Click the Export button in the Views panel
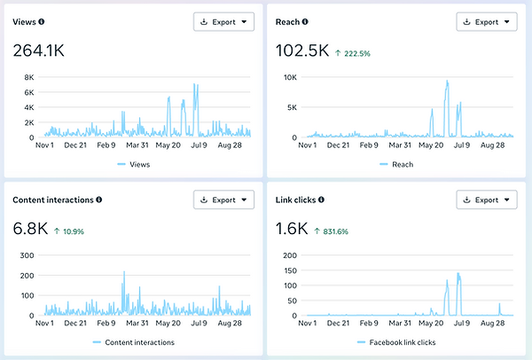pyautogui.click(x=223, y=21)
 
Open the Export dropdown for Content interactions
pyautogui.click(x=223, y=200)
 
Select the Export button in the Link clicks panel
pyautogui.click(x=487, y=200)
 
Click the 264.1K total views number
pyautogui.click(x=38, y=51)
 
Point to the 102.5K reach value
pyautogui.click(x=301, y=51)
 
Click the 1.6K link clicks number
pyautogui.click(x=292, y=229)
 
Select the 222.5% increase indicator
pyautogui.click(x=353, y=53)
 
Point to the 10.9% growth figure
pyautogui.click(x=69, y=231)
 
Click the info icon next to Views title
pyautogui.click(x=42, y=21)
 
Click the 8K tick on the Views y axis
pyautogui.click(x=28, y=77)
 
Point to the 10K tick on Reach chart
pyautogui.click(x=289, y=77)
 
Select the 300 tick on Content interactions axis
pyautogui.click(x=27, y=255)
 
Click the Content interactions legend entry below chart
pyautogui.click(x=133, y=342)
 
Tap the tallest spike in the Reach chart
pyautogui.click(x=448, y=82)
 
